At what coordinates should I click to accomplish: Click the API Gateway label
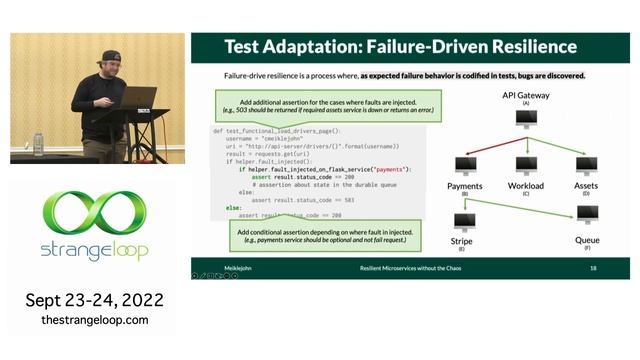click(525, 94)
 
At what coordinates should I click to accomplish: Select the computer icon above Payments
click(466, 165)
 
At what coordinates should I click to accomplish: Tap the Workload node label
click(526, 186)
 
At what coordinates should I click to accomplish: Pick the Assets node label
click(587, 186)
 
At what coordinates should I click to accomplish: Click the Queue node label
click(587, 241)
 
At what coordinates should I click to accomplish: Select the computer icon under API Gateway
click(526, 119)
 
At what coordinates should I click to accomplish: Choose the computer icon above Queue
click(587, 214)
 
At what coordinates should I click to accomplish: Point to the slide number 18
click(593, 269)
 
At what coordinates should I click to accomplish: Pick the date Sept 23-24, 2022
click(95, 300)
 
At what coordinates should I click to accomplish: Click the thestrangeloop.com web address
click(95, 320)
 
